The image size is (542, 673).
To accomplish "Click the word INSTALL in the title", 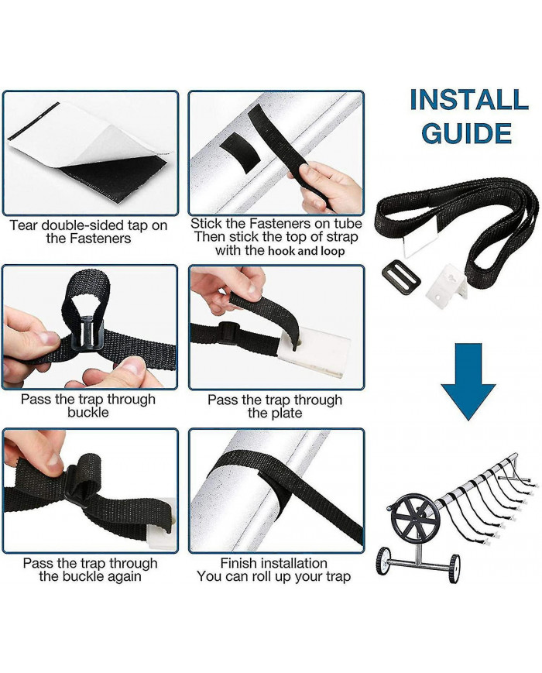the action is click(x=468, y=100).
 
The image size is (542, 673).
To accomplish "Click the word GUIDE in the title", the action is click(x=466, y=133).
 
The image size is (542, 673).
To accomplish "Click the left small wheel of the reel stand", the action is click(x=383, y=561).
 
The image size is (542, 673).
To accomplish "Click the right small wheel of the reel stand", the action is click(x=454, y=568).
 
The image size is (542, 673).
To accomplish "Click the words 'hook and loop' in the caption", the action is click(x=306, y=251).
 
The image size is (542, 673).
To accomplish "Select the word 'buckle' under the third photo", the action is click(x=88, y=413).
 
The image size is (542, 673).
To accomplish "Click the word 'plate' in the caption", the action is click(x=287, y=414).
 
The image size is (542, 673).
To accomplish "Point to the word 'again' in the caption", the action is click(x=125, y=576).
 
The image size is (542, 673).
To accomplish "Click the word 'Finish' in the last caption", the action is click(x=239, y=563).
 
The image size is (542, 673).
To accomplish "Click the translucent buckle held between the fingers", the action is click(x=88, y=333).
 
